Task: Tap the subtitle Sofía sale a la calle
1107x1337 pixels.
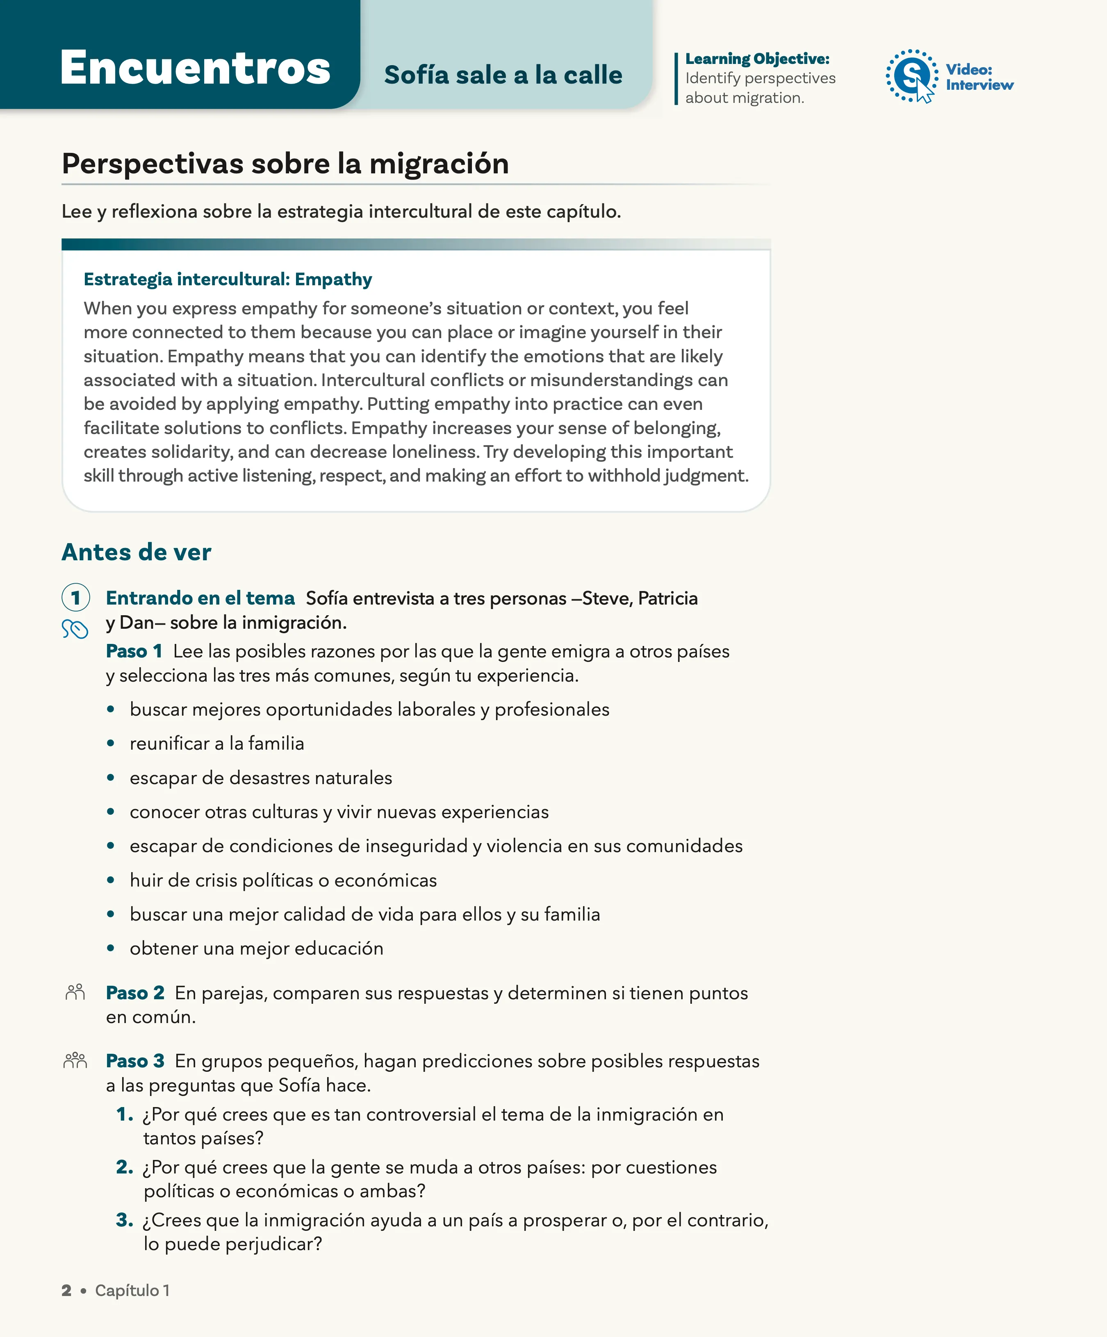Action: click(x=503, y=75)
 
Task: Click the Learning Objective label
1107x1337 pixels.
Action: click(x=757, y=59)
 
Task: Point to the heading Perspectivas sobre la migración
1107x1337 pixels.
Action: click(x=285, y=164)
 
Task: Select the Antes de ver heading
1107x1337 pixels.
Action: click(x=136, y=552)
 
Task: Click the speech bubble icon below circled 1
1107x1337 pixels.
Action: click(x=75, y=629)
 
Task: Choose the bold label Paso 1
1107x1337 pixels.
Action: click(x=134, y=651)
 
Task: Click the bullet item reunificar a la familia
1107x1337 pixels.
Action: click(x=216, y=743)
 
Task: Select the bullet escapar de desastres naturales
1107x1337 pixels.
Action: click(x=260, y=778)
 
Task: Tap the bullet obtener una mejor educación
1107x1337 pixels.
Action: click(x=256, y=948)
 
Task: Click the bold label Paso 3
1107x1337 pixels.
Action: click(x=135, y=1061)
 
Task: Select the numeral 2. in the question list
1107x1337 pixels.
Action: click(x=125, y=1167)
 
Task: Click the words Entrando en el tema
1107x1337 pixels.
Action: click(x=200, y=598)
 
